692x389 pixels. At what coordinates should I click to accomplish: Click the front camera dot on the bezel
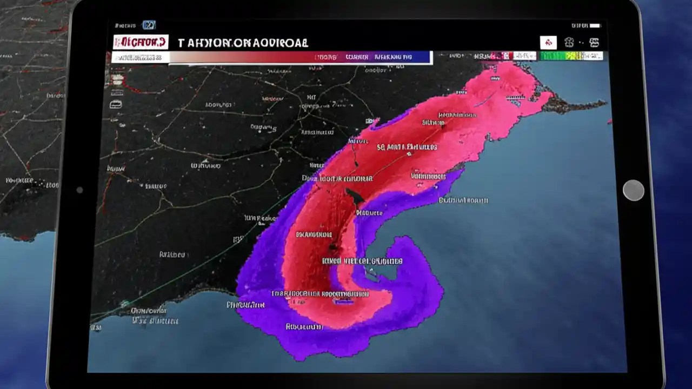79,190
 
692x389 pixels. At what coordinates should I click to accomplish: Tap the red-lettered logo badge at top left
141,42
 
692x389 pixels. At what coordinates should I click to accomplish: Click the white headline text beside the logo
243,43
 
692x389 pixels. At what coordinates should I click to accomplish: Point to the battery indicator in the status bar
595,25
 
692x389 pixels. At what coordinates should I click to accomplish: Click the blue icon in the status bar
149,25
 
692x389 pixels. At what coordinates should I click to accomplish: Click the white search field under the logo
140,57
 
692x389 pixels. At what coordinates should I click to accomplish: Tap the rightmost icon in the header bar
594,43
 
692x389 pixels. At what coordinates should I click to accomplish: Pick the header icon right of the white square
569,43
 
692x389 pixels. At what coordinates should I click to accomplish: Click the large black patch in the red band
355,197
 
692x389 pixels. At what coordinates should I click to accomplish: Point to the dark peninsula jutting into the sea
573,103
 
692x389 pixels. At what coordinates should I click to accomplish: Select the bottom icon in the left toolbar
116,104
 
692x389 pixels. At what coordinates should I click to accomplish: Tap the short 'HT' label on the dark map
311,97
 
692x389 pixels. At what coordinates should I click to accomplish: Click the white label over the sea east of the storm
463,200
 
